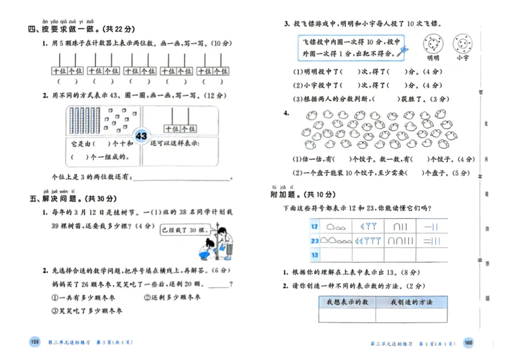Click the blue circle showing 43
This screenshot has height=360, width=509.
pyautogui.click(x=141, y=137)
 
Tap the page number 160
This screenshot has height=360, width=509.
pyautogui.click(x=470, y=343)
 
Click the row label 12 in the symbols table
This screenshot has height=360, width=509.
pyautogui.click(x=314, y=226)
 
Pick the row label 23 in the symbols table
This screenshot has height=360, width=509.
pyautogui.click(x=314, y=241)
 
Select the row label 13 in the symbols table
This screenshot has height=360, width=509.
pyautogui.click(x=314, y=255)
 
